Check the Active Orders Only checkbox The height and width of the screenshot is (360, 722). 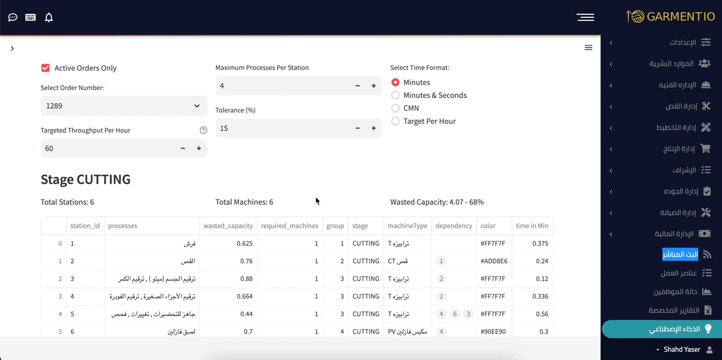(x=46, y=68)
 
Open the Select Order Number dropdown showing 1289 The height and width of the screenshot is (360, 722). (x=123, y=106)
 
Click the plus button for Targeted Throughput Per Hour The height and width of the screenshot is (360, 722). (x=199, y=148)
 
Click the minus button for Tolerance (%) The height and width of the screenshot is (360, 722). (x=357, y=128)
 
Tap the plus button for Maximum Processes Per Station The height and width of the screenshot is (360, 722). (x=374, y=86)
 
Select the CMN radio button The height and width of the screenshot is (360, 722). (x=395, y=108)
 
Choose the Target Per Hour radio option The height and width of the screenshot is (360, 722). (x=395, y=121)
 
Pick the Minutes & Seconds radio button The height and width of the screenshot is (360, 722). (x=395, y=95)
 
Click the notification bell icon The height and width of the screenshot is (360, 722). (x=49, y=17)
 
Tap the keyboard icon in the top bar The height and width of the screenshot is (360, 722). (x=31, y=17)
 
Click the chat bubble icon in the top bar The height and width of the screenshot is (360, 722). (x=13, y=17)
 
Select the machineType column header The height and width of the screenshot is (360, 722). (x=407, y=226)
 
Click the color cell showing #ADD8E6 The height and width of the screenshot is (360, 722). (x=494, y=261)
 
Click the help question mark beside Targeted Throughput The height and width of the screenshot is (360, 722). (x=203, y=130)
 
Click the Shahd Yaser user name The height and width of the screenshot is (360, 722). (x=682, y=350)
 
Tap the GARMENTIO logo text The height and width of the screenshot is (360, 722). (x=680, y=17)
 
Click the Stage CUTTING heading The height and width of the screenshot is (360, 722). (x=85, y=179)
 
